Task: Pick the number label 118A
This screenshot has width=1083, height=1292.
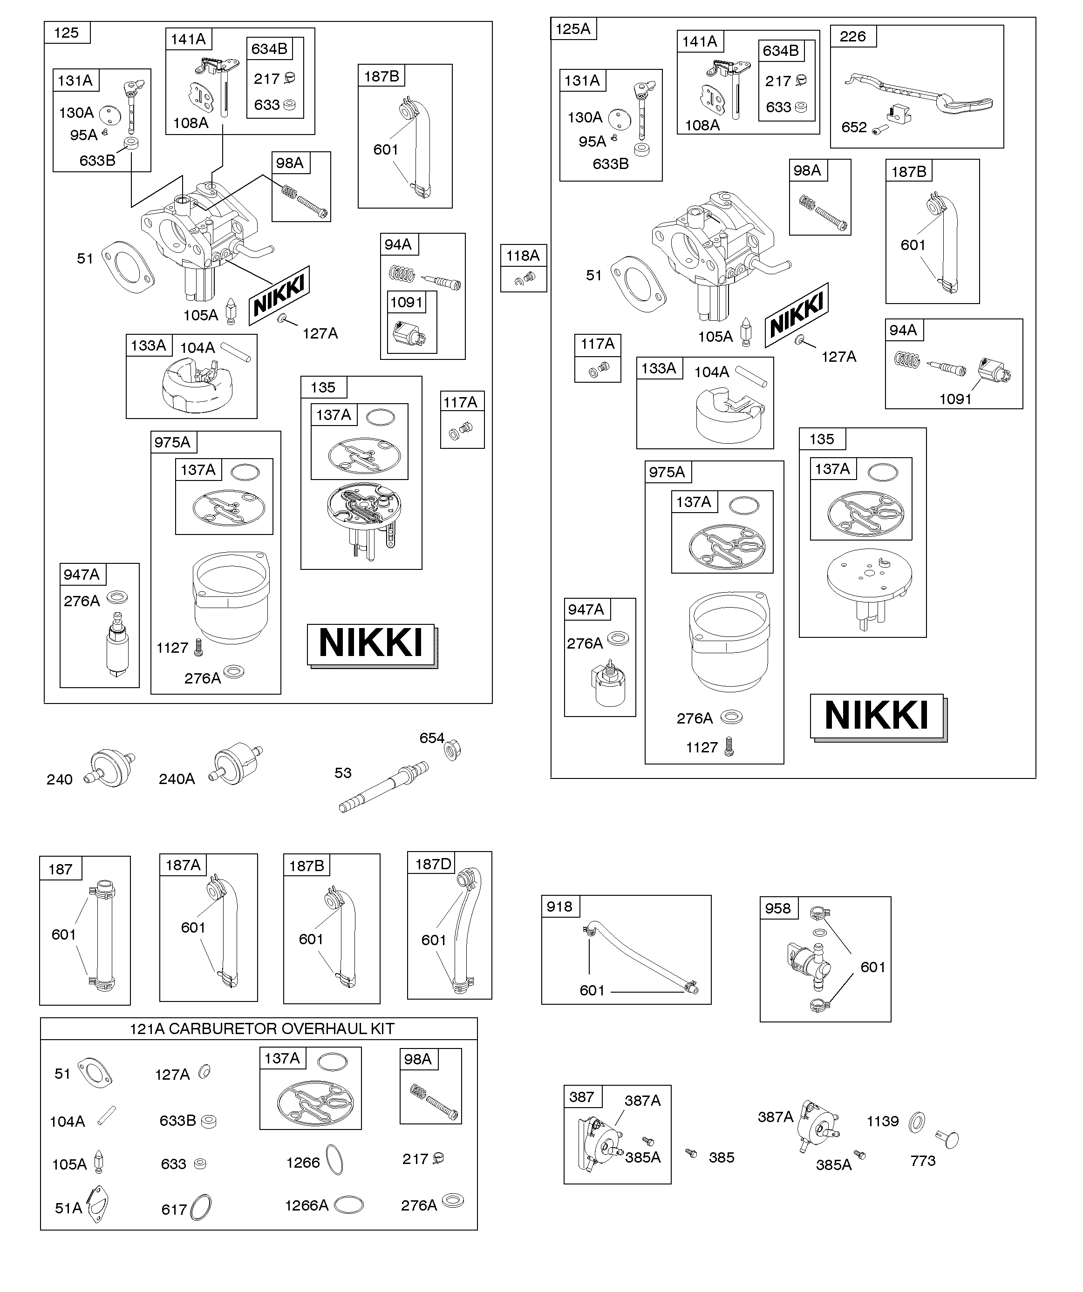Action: click(523, 255)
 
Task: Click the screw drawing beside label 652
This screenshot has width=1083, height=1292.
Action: click(880, 130)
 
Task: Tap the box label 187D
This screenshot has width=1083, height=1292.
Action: click(433, 864)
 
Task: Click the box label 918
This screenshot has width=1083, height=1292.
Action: click(559, 906)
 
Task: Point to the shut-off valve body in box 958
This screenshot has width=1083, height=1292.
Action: click(807, 963)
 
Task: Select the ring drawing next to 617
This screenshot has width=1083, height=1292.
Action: click(201, 1207)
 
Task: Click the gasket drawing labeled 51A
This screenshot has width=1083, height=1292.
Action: click(99, 1206)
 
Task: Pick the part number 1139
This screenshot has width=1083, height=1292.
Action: click(883, 1121)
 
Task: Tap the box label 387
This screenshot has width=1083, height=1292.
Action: click(581, 1097)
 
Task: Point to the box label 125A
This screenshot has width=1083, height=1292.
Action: click(572, 29)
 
